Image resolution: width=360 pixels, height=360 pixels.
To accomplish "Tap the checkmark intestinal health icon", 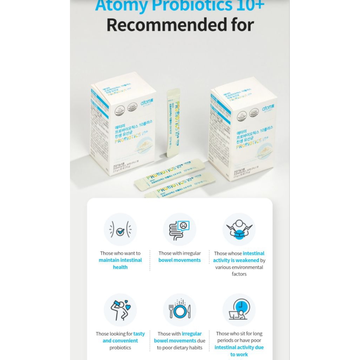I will tap(120, 230).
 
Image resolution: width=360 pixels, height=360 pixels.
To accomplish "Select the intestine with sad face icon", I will tap(180, 230).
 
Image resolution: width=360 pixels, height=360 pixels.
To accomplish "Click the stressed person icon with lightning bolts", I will tap(239, 230).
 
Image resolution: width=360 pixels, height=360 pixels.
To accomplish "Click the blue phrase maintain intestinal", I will tap(120, 260).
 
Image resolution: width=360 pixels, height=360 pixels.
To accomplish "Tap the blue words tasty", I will tap(139, 334).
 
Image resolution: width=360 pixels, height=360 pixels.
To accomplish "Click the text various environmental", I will tap(239, 267).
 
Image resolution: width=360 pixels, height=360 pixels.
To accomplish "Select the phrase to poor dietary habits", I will tap(180, 348).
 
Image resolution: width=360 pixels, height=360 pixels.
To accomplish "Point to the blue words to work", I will tap(239, 354).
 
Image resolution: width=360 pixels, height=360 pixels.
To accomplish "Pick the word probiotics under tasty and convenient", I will tap(120, 348).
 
